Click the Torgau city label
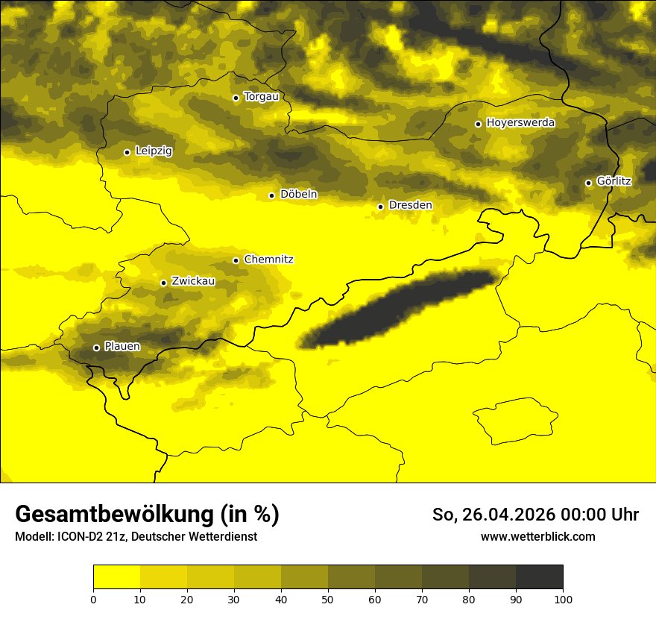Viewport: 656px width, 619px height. pyautogui.click(x=262, y=97)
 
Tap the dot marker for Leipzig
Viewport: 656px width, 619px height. pyautogui.click(x=127, y=152)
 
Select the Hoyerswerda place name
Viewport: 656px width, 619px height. pyautogui.click(x=520, y=123)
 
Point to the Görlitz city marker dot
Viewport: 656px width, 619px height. pyautogui.click(x=588, y=183)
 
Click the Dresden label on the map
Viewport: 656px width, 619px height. pyautogui.click(x=410, y=206)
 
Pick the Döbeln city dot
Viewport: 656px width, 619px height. pyautogui.click(x=271, y=195)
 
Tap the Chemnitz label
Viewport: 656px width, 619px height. pyautogui.click(x=268, y=260)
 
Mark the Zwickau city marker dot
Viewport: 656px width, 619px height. pyautogui.click(x=163, y=283)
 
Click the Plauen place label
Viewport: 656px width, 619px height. pyautogui.click(x=122, y=347)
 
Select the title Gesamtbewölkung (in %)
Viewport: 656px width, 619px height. pyautogui.click(x=147, y=515)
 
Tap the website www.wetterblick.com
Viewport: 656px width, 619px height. pyautogui.click(x=537, y=537)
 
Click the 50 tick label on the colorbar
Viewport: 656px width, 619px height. pyautogui.click(x=328, y=599)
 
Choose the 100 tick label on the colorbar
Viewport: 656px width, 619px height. pyautogui.click(x=563, y=599)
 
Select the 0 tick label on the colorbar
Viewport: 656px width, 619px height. pyautogui.click(x=93, y=599)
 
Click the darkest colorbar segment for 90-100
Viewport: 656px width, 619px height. pyautogui.click(x=539, y=577)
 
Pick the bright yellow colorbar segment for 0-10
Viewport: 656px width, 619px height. pyautogui.click(x=116, y=577)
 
